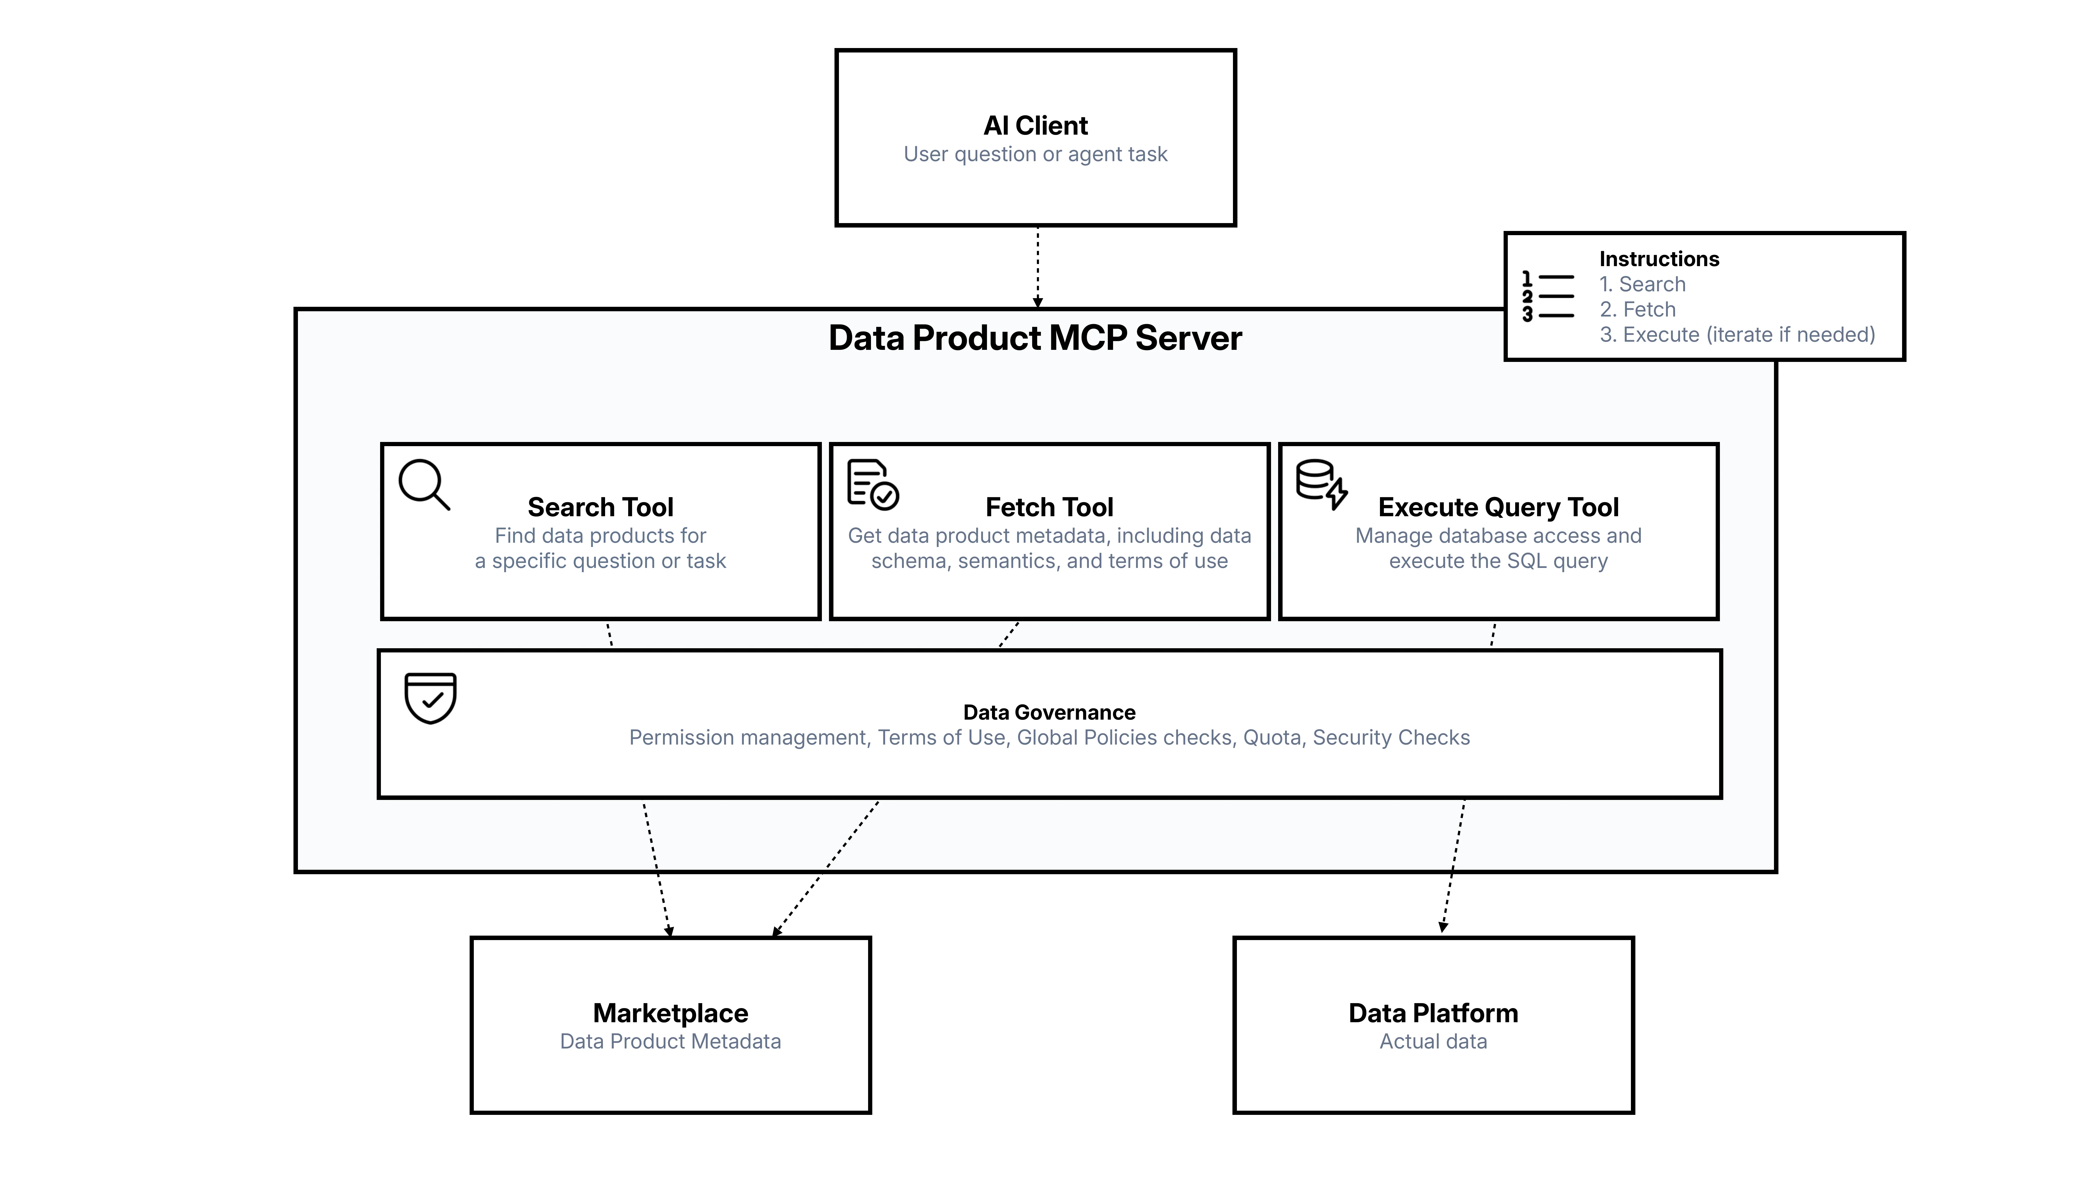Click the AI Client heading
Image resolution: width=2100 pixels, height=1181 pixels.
point(1035,125)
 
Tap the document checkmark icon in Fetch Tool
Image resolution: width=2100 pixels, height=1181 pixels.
point(872,485)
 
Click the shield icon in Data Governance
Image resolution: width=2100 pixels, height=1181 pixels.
point(430,698)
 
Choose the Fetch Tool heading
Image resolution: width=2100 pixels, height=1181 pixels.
point(1049,507)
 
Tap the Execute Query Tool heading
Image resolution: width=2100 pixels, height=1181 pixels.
point(1498,507)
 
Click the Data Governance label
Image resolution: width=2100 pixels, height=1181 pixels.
point(1049,712)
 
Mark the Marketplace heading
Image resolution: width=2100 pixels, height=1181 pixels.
point(670,1013)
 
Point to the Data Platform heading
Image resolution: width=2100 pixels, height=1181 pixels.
point(1433,1013)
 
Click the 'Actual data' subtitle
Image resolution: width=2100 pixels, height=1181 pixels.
point(1433,1042)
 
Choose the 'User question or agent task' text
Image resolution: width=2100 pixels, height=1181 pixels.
point(1035,154)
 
